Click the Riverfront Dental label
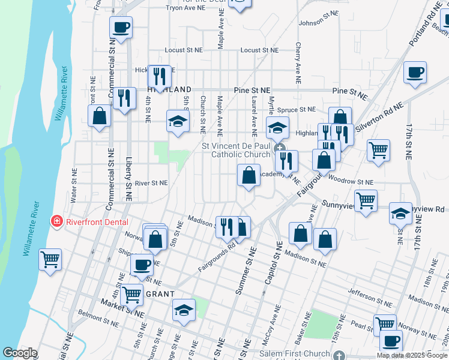[97, 221]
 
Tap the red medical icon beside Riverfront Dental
[57, 221]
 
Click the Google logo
[20, 353]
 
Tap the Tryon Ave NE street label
[186, 8]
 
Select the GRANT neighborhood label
[160, 293]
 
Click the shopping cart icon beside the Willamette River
[50, 260]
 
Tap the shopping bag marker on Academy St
[249, 176]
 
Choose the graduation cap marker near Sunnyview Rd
[400, 213]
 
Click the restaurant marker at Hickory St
[159, 76]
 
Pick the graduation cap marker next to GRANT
[184, 310]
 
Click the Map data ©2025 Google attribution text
[412, 355]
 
